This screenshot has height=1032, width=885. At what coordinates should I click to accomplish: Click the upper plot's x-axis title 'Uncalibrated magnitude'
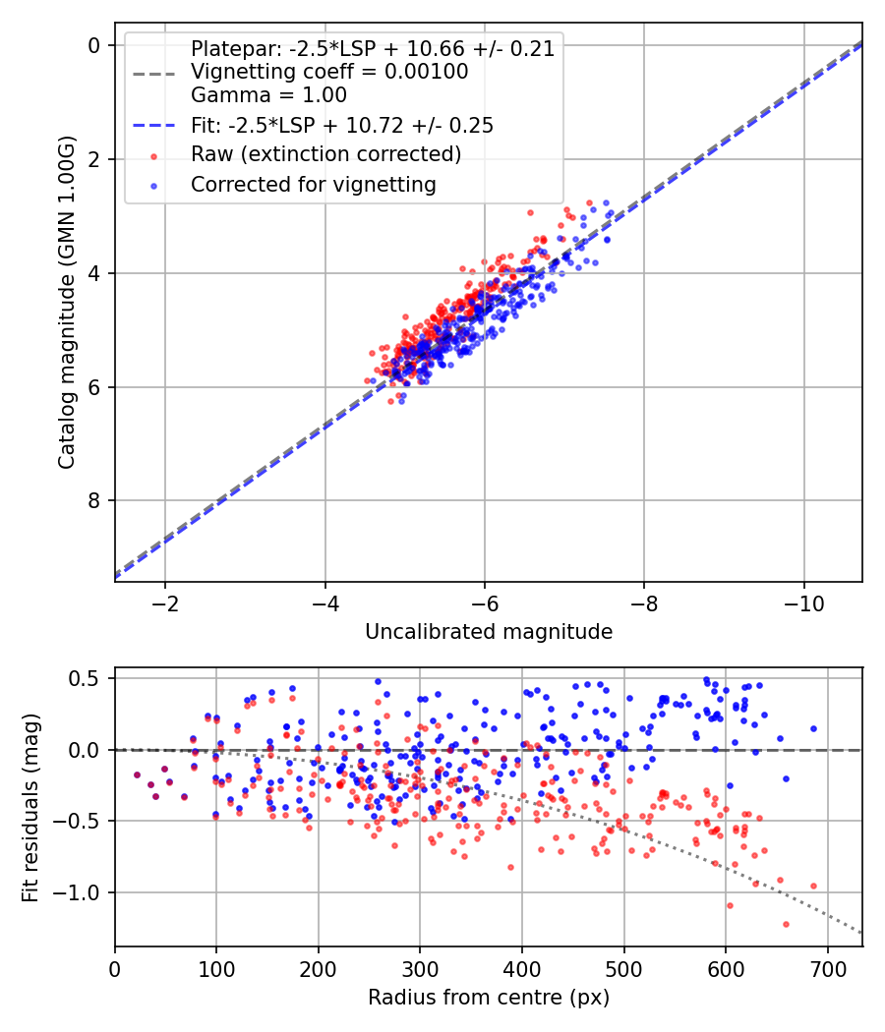(x=489, y=632)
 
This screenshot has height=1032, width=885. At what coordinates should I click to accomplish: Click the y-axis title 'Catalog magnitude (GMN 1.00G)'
(x=66, y=302)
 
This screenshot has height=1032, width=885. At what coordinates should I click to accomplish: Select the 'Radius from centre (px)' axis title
(x=489, y=998)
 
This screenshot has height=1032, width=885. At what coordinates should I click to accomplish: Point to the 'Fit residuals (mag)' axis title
(x=30, y=807)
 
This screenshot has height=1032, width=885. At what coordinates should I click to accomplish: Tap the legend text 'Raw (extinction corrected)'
(x=325, y=154)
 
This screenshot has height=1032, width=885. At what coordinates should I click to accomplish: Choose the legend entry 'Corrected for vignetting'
(x=313, y=184)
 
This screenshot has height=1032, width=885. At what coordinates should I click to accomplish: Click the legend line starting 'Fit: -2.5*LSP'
(x=341, y=125)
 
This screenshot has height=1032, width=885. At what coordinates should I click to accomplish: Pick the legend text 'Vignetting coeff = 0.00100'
(x=329, y=72)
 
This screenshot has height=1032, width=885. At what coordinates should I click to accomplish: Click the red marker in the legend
(x=152, y=155)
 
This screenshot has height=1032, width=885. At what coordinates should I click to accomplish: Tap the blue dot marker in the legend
(x=152, y=185)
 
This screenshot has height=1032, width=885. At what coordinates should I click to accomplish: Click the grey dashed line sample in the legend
(x=152, y=72)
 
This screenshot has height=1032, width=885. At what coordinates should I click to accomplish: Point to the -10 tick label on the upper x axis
(x=803, y=602)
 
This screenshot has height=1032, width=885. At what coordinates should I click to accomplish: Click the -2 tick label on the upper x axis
(x=164, y=602)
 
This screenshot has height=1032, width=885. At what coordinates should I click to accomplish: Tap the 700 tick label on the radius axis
(x=827, y=967)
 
